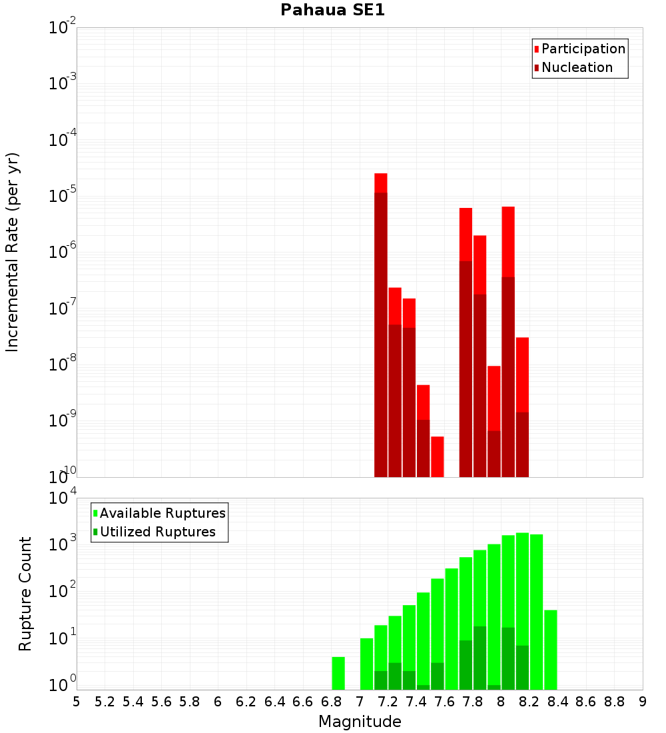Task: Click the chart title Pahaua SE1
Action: click(332, 10)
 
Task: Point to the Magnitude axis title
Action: click(360, 722)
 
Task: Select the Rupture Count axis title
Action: click(25, 594)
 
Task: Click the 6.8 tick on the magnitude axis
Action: click(331, 701)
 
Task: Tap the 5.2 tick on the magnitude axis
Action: click(105, 701)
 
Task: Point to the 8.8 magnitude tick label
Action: click(614, 701)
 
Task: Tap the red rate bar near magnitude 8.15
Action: click(522, 406)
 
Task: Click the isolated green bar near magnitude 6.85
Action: click(338, 673)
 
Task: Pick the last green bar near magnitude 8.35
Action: click(551, 650)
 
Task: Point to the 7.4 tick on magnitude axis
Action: click(416, 701)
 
